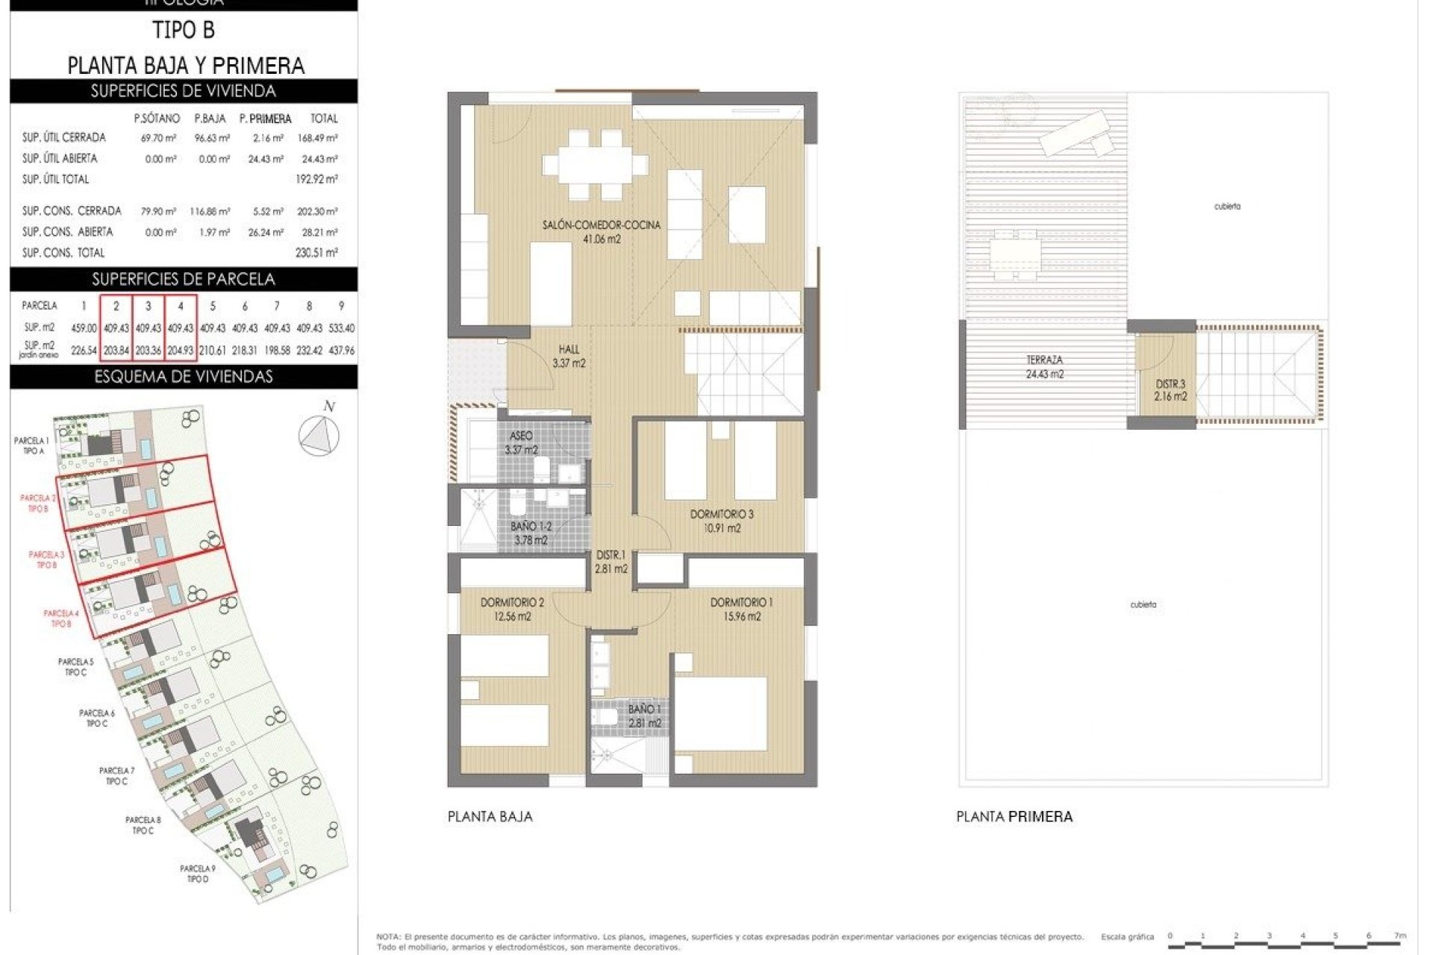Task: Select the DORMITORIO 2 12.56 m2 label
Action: pyautogui.click(x=512, y=609)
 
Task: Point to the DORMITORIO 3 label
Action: pyautogui.click(x=722, y=521)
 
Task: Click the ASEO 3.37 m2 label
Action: pyautogui.click(x=521, y=442)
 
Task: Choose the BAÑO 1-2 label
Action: pyautogui.click(x=531, y=533)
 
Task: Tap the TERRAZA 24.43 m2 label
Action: pyautogui.click(x=1044, y=367)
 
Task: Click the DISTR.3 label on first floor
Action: pyautogui.click(x=1170, y=390)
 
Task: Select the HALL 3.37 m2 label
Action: pyautogui.click(x=569, y=356)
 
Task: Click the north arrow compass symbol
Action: pyautogui.click(x=319, y=433)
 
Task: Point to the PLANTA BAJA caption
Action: pyautogui.click(x=490, y=816)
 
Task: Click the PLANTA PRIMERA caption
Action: pyautogui.click(x=1014, y=816)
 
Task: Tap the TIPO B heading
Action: pyautogui.click(x=184, y=30)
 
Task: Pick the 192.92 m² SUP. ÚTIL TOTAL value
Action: pyautogui.click(x=316, y=179)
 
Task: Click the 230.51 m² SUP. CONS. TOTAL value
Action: pyautogui.click(x=316, y=253)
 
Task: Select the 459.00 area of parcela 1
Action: pyautogui.click(x=84, y=328)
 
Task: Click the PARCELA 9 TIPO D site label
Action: pyautogui.click(x=198, y=874)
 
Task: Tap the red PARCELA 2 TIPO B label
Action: pyautogui.click(x=38, y=503)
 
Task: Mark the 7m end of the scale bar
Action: pyautogui.click(x=1400, y=936)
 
